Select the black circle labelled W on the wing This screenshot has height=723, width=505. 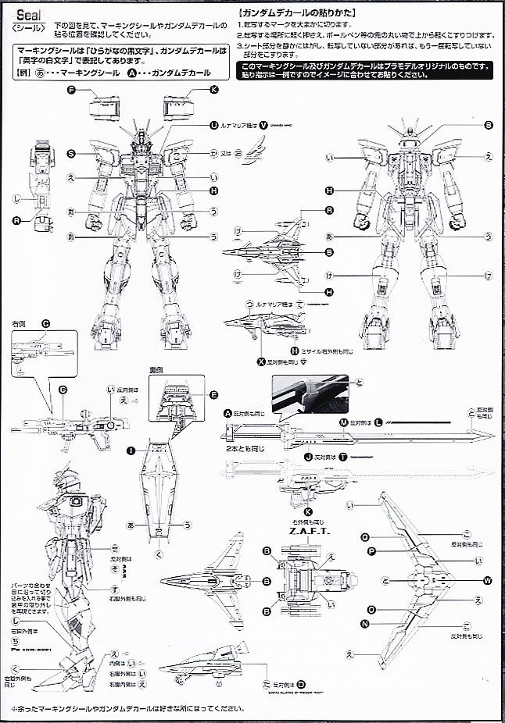488,579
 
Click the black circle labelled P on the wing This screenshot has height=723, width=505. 372,550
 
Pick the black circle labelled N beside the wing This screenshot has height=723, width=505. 365,623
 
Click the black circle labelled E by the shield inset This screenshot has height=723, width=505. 214,395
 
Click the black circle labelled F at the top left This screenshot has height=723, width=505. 71,91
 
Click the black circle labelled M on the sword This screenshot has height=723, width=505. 343,422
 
